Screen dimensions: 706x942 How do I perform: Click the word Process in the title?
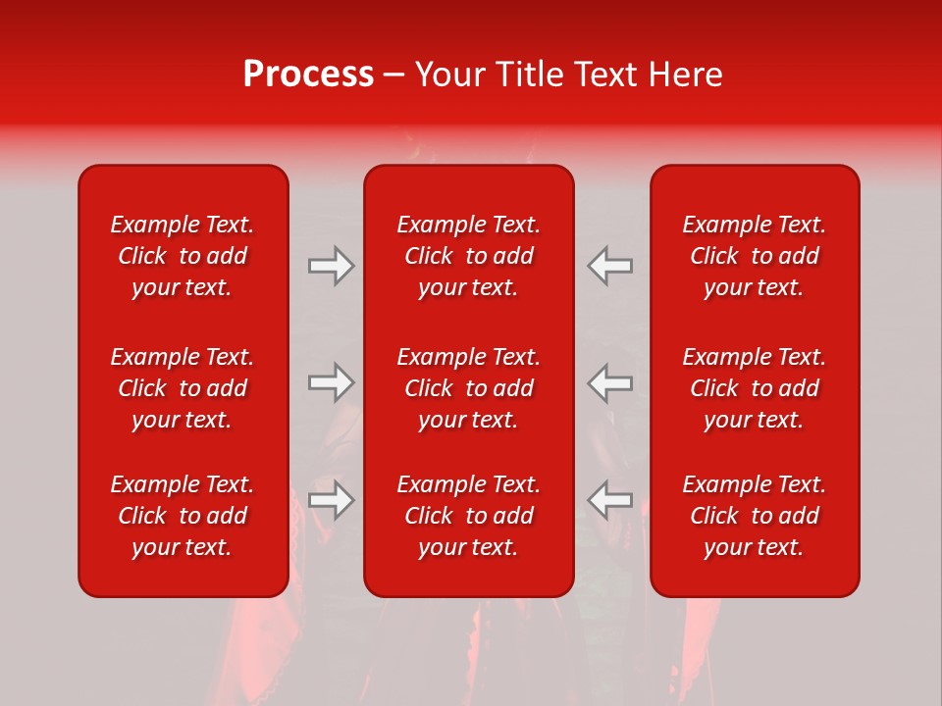click(x=308, y=75)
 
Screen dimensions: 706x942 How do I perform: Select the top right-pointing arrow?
click(x=332, y=266)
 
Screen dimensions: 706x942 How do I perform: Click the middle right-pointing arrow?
click(x=332, y=382)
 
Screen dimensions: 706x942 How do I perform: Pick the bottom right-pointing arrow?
click(x=332, y=500)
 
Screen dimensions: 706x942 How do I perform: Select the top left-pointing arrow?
click(x=610, y=266)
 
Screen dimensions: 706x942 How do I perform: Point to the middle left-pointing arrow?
click(x=610, y=382)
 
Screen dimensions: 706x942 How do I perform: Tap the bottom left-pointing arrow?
click(x=610, y=500)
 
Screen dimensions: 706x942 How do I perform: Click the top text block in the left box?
click(x=183, y=256)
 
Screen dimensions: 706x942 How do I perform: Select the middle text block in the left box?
click(x=183, y=388)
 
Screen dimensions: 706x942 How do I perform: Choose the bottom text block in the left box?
click(x=183, y=516)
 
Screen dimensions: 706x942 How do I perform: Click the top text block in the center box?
click(x=469, y=256)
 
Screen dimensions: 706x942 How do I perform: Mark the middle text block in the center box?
click(x=469, y=388)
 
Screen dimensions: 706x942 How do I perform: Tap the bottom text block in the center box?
click(x=469, y=516)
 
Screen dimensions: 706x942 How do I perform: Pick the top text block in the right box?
click(x=755, y=256)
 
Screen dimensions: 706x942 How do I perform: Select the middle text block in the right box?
click(x=755, y=388)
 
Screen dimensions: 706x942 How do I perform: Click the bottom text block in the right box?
click(x=755, y=516)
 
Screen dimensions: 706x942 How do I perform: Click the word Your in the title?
click(x=449, y=75)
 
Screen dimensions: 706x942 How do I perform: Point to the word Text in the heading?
click(x=605, y=75)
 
